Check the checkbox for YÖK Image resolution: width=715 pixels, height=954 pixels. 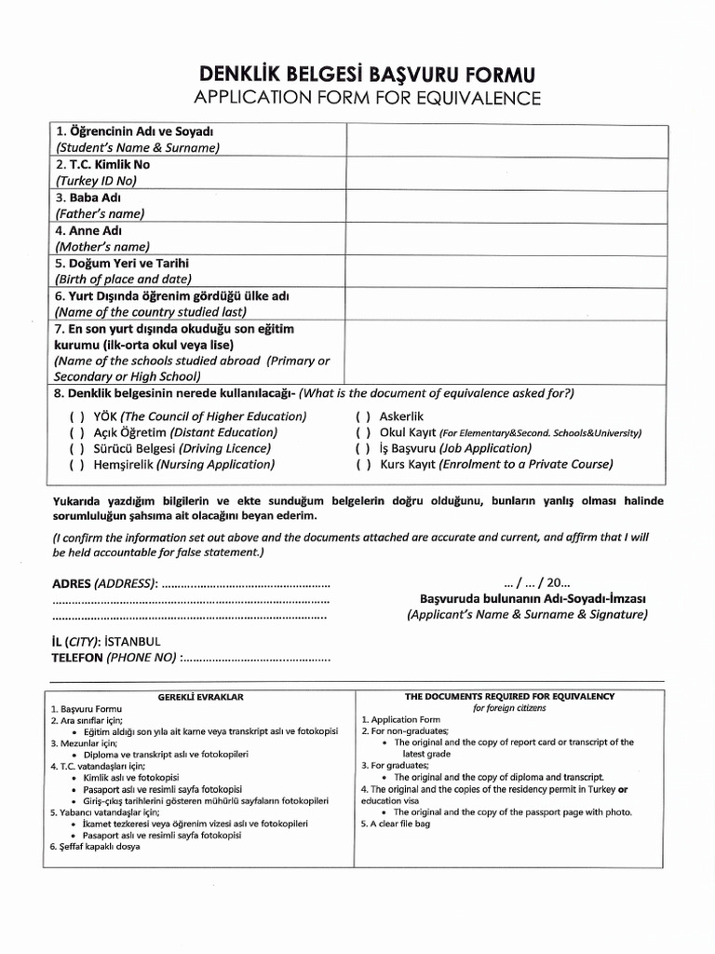(76, 416)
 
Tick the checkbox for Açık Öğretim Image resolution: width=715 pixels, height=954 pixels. (76, 432)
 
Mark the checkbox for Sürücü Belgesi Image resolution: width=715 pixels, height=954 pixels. (76, 448)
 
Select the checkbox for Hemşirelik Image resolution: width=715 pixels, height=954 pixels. (76, 464)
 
